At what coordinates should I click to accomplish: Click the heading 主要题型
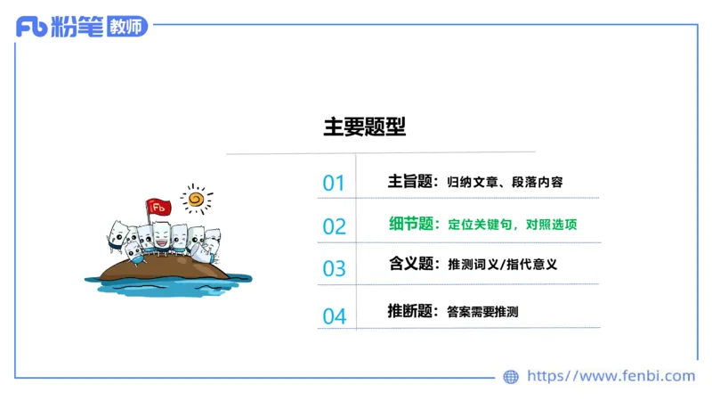pyautogui.click(x=364, y=127)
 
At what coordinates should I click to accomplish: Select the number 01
pyautogui.click(x=334, y=184)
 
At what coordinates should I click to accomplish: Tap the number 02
pyautogui.click(x=334, y=226)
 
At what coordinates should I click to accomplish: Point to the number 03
pyautogui.click(x=334, y=268)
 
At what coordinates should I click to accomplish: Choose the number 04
pyautogui.click(x=334, y=315)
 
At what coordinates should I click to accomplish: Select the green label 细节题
pyautogui.click(x=412, y=224)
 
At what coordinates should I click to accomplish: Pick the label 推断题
pyautogui.click(x=410, y=312)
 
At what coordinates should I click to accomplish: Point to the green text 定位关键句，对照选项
pyautogui.click(x=512, y=225)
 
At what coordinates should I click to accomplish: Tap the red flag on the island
pyautogui.click(x=159, y=208)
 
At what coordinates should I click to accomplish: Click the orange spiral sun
pyautogui.click(x=196, y=198)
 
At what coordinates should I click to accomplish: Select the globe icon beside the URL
pyautogui.click(x=511, y=377)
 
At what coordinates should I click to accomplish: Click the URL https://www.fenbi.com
pyautogui.click(x=611, y=376)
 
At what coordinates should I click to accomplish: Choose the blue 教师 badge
pyautogui.click(x=125, y=27)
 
